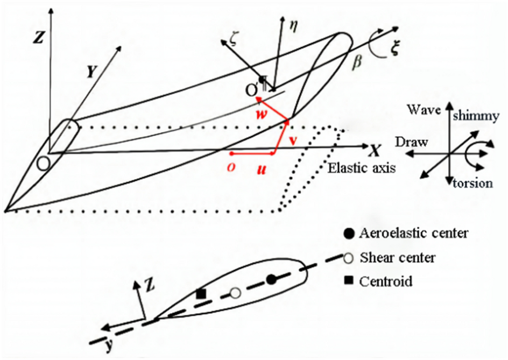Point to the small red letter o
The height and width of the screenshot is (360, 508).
click(230, 166)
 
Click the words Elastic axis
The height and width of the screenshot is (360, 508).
click(360, 167)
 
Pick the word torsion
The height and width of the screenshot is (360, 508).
click(473, 183)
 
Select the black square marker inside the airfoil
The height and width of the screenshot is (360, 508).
click(201, 294)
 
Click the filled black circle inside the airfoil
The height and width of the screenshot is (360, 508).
click(272, 279)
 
